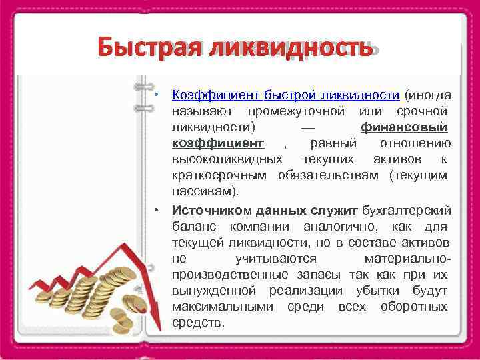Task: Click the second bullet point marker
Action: coord(155,209)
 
